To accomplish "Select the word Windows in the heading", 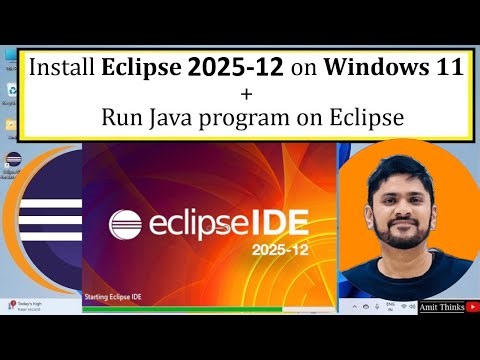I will tap(378, 70).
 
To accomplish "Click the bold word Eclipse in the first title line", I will tap(142, 70).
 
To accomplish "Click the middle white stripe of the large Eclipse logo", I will tap(50, 223).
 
